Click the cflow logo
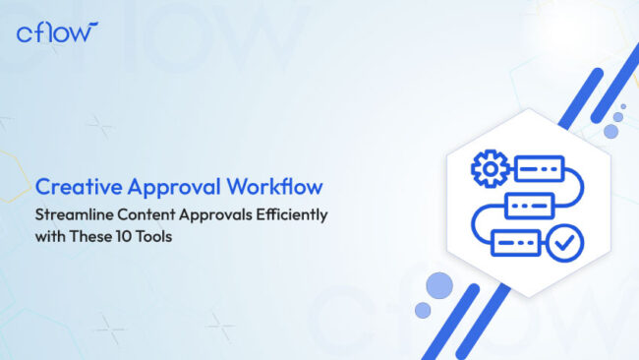pos(57,31)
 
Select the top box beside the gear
pos(537,169)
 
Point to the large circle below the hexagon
pos(439,285)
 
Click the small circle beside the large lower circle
pos(423,311)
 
